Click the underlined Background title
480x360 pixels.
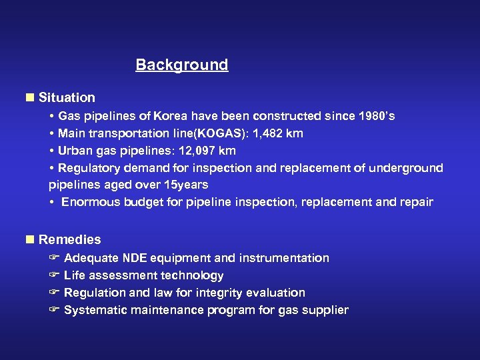click(181, 65)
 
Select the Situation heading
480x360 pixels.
click(67, 97)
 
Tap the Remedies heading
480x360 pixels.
click(69, 239)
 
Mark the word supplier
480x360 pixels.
click(325, 310)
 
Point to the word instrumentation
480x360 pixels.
click(289, 258)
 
